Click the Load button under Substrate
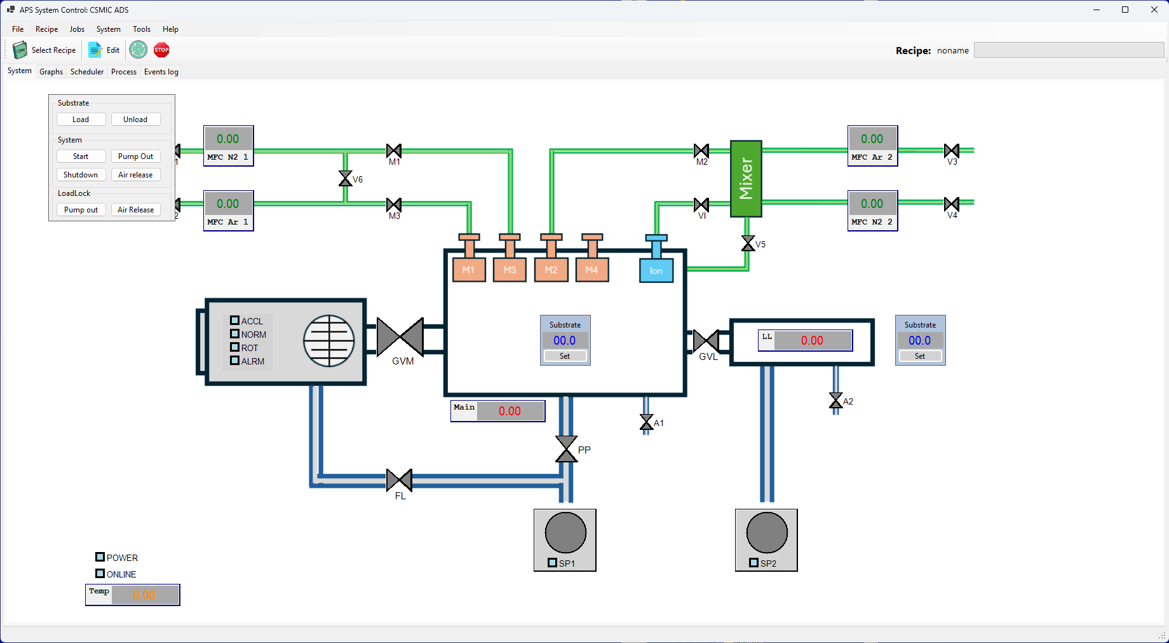pyautogui.click(x=81, y=120)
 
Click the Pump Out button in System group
pyautogui.click(x=135, y=156)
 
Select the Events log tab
pyautogui.click(x=161, y=72)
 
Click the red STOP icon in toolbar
pyautogui.click(x=161, y=50)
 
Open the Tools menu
pyautogui.click(x=141, y=29)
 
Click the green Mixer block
pyautogui.click(x=746, y=179)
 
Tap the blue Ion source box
pyautogui.click(x=656, y=270)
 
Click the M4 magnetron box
pyautogui.click(x=591, y=270)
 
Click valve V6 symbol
pyautogui.click(x=345, y=179)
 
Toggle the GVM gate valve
pyautogui.click(x=400, y=337)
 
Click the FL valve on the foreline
pyautogui.click(x=399, y=480)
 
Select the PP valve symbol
pyautogui.click(x=566, y=449)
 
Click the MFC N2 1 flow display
pyautogui.click(x=228, y=139)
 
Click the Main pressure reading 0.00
pyautogui.click(x=510, y=411)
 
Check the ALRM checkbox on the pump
pyautogui.click(x=234, y=361)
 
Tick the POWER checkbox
pyautogui.click(x=100, y=557)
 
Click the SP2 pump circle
pyautogui.click(x=767, y=533)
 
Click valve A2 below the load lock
pyautogui.click(x=835, y=401)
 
